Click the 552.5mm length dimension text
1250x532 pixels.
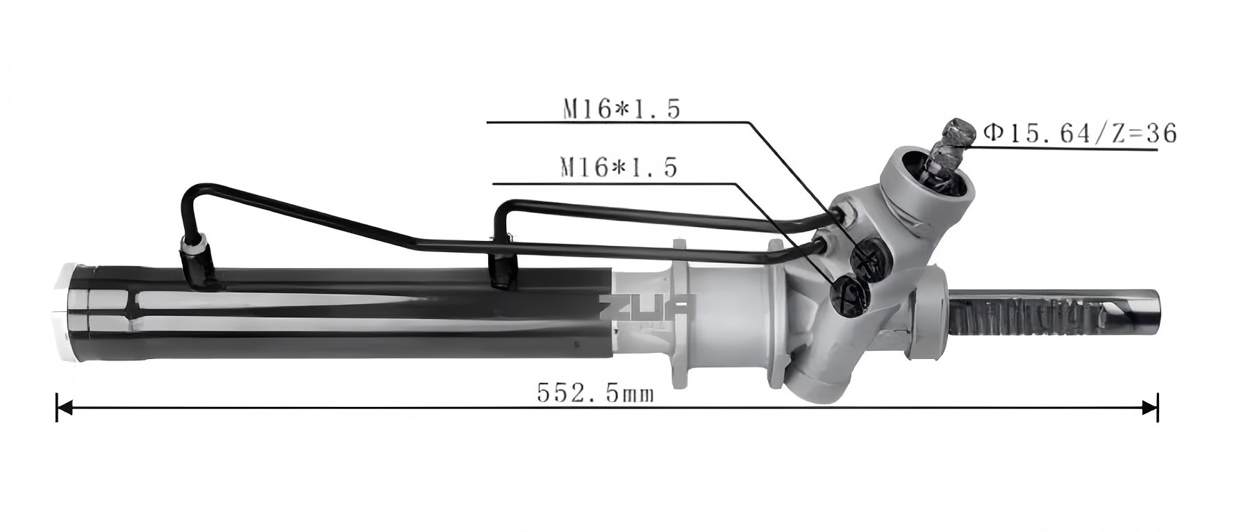(x=595, y=394)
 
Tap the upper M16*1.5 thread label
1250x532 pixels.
(x=621, y=110)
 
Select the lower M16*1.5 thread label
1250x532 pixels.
(x=619, y=167)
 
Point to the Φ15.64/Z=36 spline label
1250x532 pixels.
(x=1080, y=133)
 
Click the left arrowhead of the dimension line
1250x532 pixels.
(x=64, y=407)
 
